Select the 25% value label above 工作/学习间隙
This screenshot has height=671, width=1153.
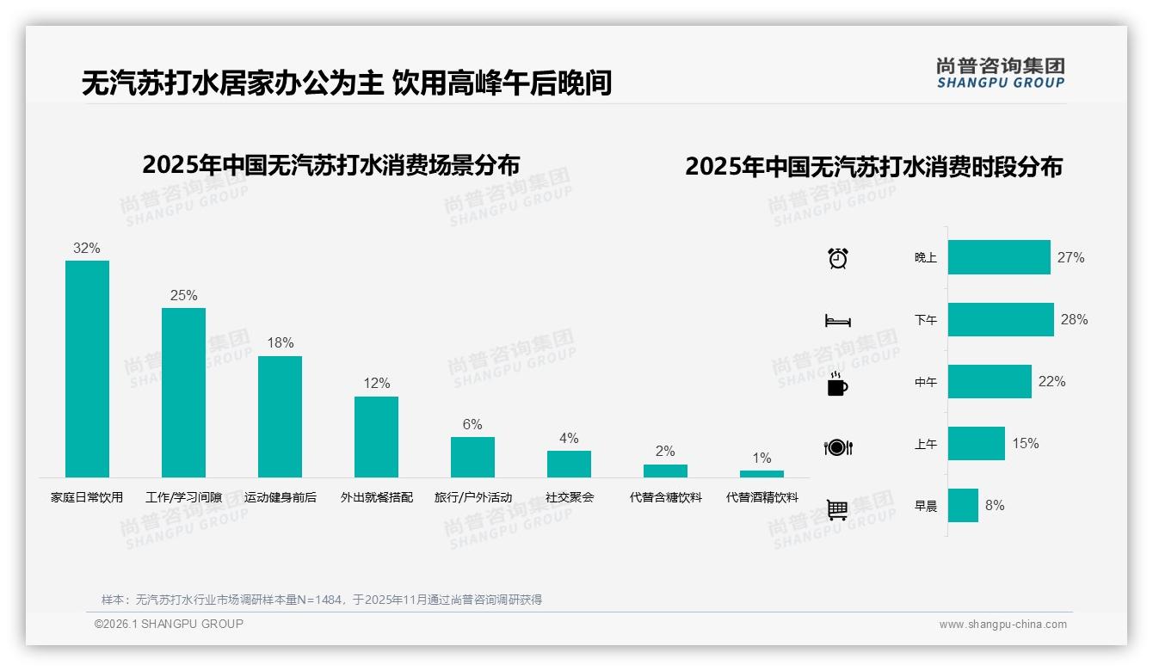(x=183, y=295)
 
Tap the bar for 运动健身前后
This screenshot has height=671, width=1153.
(x=280, y=416)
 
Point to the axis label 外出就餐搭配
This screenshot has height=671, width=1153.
(x=376, y=497)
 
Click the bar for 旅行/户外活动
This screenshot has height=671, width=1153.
(x=472, y=457)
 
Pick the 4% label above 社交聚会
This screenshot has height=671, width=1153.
(x=569, y=438)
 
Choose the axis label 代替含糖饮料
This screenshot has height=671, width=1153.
(x=665, y=497)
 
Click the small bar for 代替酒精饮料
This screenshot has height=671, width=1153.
(x=761, y=474)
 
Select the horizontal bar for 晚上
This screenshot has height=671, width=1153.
(x=999, y=257)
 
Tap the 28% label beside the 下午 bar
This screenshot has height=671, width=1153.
(x=1074, y=319)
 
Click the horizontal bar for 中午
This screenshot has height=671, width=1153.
(x=990, y=381)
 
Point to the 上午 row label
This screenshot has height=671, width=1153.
(x=926, y=444)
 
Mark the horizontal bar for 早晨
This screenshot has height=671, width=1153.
(x=963, y=505)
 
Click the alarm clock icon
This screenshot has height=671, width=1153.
(x=837, y=257)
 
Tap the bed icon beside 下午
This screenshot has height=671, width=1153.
(x=837, y=321)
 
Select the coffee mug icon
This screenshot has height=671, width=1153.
(x=836, y=384)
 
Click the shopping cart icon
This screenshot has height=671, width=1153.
(x=837, y=509)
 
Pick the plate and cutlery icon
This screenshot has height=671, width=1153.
(x=837, y=447)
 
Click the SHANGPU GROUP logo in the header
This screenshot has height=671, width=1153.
(x=1000, y=73)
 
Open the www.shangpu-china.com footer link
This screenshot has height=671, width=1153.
(x=1002, y=625)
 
